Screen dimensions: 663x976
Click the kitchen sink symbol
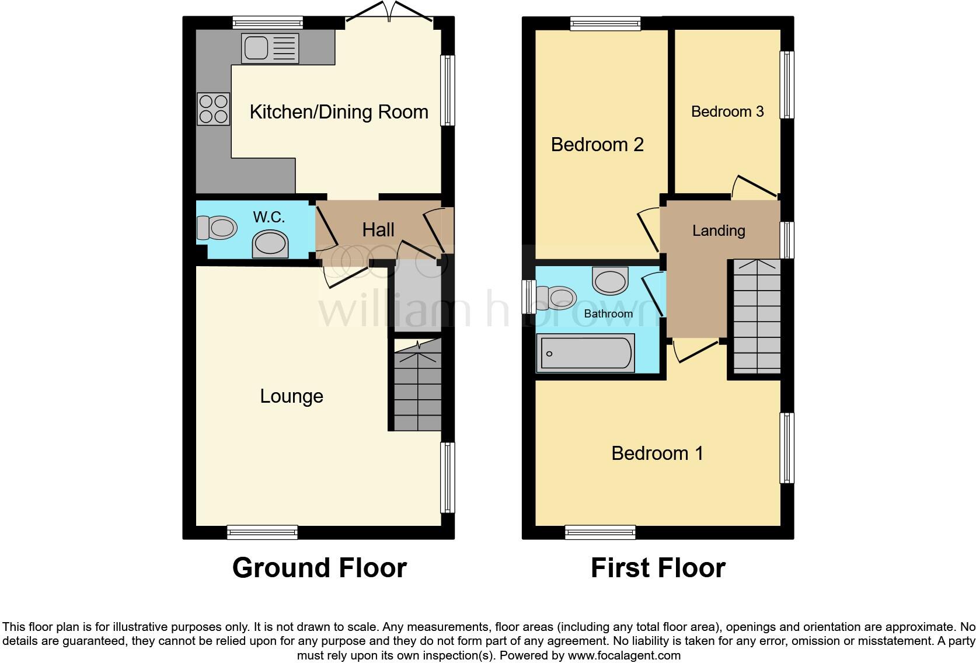pos(270,48)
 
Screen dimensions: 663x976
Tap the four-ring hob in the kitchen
pos(214,109)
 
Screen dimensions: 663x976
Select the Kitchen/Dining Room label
pos(339,111)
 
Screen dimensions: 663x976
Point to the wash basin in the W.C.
pos(270,243)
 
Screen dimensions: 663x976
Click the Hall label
pos(378,230)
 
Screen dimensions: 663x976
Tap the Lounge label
pos(291,396)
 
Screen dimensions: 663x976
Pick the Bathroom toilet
pos(555,296)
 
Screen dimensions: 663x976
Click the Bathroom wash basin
pos(610,280)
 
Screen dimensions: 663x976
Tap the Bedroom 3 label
pos(727,111)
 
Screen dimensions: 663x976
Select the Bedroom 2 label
pos(597,144)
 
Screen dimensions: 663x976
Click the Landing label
pos(719,231)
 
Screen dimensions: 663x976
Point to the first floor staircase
pos(757,316)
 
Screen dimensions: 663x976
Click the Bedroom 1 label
pos(657,453)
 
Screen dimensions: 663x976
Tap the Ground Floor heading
pos(319,567)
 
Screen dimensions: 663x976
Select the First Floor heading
pos(658,567)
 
